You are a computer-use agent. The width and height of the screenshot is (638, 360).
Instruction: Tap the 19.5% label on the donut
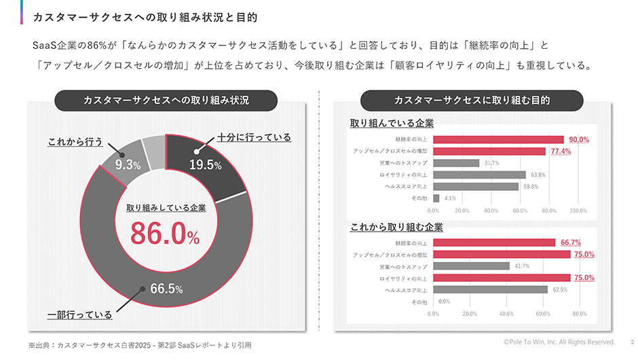205,165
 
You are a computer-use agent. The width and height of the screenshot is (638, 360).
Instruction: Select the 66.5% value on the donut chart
166,289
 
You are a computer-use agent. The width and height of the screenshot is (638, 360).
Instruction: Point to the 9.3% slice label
127,165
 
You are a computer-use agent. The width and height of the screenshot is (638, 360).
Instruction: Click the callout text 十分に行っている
255,137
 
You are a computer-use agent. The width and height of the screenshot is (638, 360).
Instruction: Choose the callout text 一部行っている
79,315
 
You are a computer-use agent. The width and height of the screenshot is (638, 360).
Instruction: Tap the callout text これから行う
75,142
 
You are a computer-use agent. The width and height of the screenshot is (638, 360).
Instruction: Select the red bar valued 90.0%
498,139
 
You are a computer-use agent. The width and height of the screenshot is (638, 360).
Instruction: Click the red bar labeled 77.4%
489,151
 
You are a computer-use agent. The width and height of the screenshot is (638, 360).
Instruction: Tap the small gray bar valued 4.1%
436,198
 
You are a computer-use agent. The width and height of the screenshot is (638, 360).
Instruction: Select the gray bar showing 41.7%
471,266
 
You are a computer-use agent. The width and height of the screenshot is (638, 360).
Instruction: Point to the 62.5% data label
559,289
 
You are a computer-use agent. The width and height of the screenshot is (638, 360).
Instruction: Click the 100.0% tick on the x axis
578,211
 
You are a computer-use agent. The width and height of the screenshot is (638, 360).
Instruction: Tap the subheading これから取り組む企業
396,227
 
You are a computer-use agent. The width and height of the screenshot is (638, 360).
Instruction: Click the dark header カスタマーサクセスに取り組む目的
472,101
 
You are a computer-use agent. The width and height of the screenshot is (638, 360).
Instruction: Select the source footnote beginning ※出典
139,345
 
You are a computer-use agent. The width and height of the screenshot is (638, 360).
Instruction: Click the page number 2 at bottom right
631,342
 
